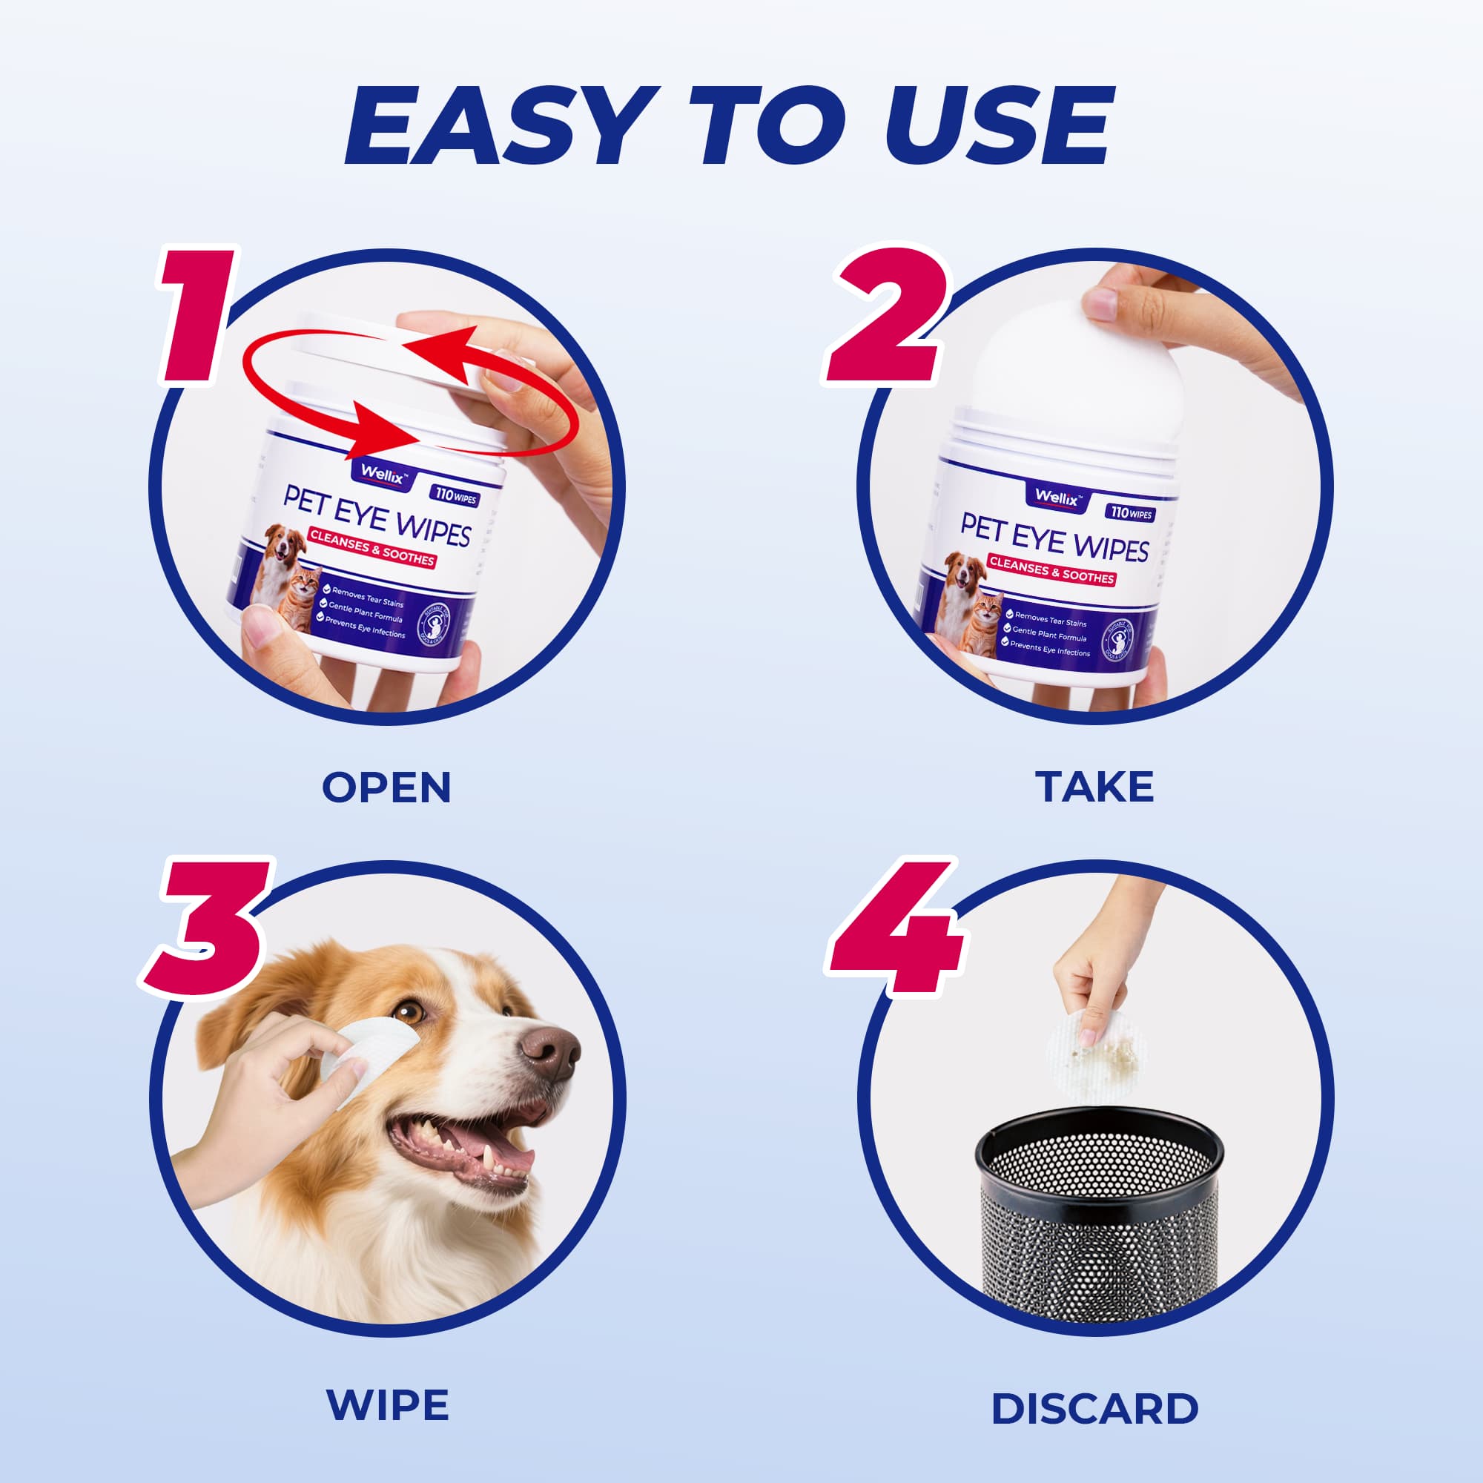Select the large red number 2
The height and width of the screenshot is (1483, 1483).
point(887,314)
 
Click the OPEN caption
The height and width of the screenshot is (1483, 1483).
point(386,787)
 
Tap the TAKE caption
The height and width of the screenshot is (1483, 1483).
point(1094,787)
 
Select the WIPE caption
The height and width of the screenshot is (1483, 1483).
point(388,1405)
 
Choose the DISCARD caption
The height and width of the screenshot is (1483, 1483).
point(1094,1409)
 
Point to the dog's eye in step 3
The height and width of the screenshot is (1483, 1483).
point(412,1011)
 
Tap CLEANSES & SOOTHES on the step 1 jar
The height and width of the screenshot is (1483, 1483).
point(372,548)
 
